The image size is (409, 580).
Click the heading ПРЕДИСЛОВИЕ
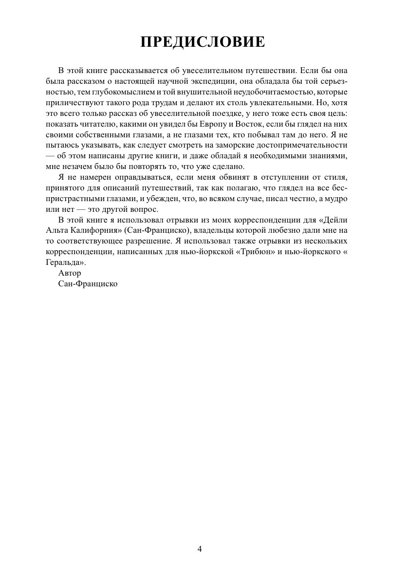coord(203,42)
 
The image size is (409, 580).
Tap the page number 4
coord(200,549)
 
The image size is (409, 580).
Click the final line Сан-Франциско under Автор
coord(88,283)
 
